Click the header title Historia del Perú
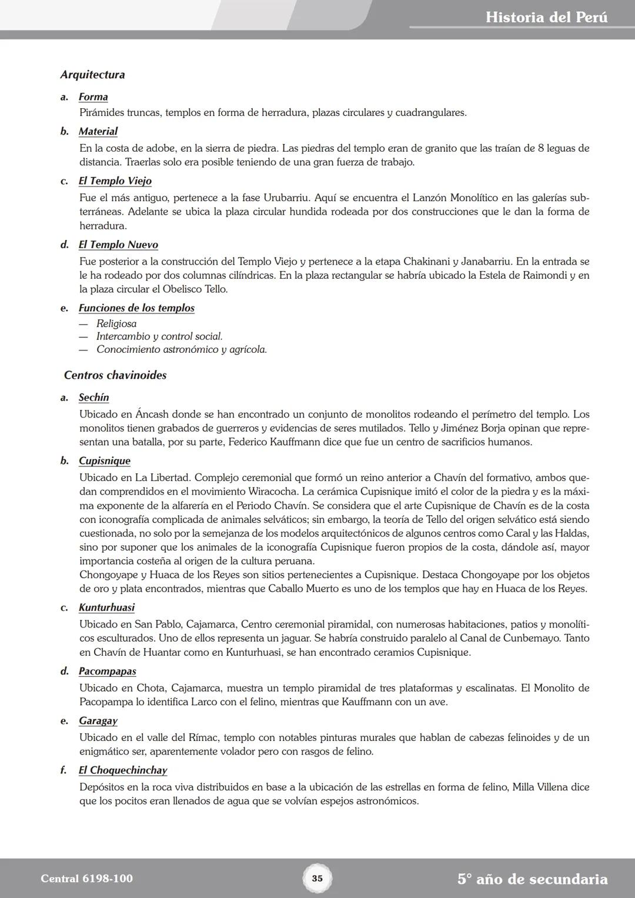click(x=546, y=17)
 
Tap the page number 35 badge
click(x=317, y=879)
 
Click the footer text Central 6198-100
click(x=86, y=879)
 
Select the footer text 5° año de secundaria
click(x=532, y=879)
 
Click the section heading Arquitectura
click(x=92, y=75)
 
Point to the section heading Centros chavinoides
click(x=115, y=375)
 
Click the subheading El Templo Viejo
click(x=115, y=181)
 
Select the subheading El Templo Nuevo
click(x=118, y=245)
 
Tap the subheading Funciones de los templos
click(x=136, y=308)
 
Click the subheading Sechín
click(x=94, y=398)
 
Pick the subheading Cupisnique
click(x=105, y=461)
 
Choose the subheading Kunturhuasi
click(x=106, y=607)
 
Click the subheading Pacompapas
click(x=108, y=671)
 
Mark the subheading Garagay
click(x=98, y=721)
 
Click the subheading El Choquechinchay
click(x=123, y=770)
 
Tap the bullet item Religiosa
click(x=116, y=323)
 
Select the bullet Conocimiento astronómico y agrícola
click(x=182, y=349)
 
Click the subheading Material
click(x=98, y=132)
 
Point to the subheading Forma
click(x=93, y=97)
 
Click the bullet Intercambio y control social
click(x=159, y=336)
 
